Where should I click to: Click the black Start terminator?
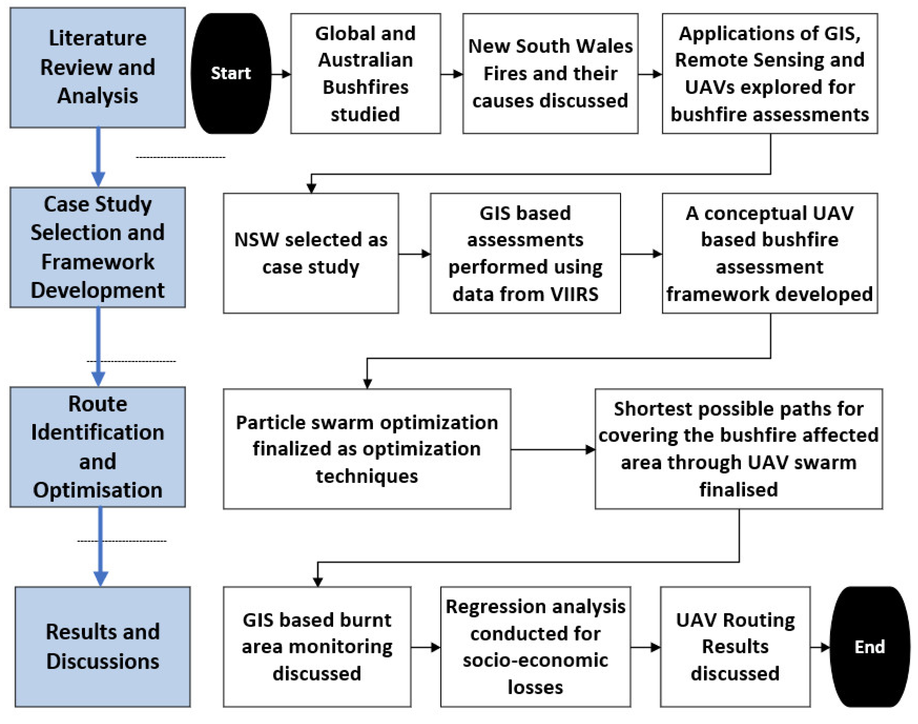[x=231, y=73]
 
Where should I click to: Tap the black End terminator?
[x=869, y=647]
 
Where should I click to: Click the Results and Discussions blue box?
[x=103, y=647]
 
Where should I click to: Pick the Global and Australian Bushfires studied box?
[x=365, y=73]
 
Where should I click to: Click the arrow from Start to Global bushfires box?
[x=281, y=74]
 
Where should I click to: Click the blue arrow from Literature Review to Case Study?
[x=98, y=157]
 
